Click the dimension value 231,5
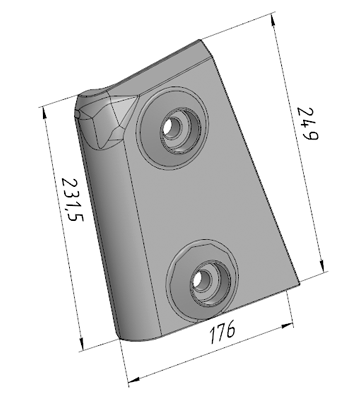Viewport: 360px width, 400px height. point(72,200)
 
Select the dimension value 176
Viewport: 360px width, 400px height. point(222,332)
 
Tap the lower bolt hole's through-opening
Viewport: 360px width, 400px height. point(199,279)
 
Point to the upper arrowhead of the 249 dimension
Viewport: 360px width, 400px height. point(274,21)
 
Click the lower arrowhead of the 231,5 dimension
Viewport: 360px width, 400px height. point(81,343)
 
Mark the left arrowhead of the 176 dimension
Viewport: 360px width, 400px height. point(134,379)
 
